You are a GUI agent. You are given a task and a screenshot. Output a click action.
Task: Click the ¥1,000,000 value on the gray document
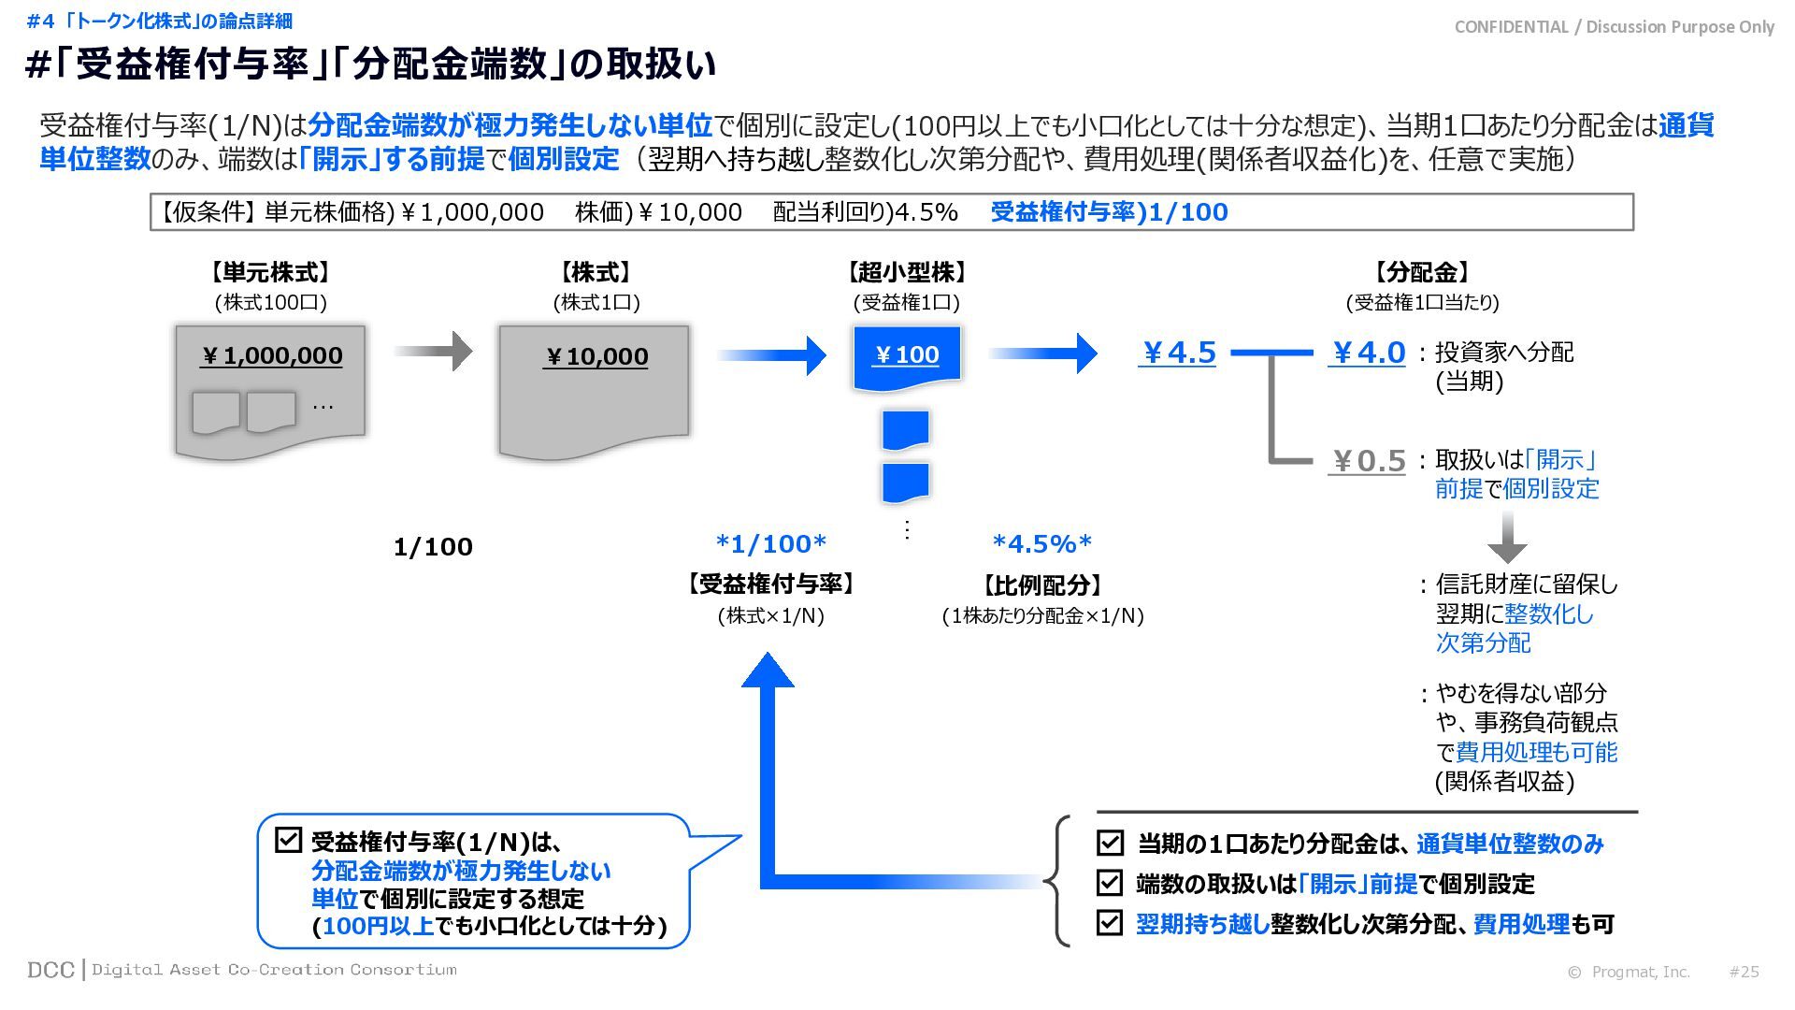271,355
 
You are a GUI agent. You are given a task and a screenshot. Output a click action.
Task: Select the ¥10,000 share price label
596,356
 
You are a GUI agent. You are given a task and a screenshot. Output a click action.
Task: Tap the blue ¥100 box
906,355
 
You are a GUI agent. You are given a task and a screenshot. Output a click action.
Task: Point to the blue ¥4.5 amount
1177,353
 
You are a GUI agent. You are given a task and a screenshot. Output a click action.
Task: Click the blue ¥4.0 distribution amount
1367,353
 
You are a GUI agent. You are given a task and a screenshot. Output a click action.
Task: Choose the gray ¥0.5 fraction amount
1367,461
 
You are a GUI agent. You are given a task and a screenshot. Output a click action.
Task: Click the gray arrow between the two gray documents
434,351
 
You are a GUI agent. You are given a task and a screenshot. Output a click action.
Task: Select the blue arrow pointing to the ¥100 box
772,354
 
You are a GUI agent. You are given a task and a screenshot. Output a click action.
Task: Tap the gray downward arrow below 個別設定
1507,537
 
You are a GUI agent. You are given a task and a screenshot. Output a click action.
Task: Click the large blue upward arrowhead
768,671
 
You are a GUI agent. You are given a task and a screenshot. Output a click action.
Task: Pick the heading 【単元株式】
270,272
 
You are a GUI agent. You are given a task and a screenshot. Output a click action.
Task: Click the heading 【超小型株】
906,272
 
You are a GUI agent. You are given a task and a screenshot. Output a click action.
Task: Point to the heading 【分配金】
1421,272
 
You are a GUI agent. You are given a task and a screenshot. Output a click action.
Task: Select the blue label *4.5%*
1041,543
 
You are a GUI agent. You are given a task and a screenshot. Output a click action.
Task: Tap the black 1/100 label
433,547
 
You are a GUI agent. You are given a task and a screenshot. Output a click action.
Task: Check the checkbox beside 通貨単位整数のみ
1110,843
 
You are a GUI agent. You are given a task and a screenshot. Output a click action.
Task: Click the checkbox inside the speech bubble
288,839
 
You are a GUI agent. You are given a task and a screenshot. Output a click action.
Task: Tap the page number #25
1744,972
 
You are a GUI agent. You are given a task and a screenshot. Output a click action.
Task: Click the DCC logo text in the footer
50,970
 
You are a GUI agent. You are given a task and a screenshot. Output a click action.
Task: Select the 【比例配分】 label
1041,585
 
